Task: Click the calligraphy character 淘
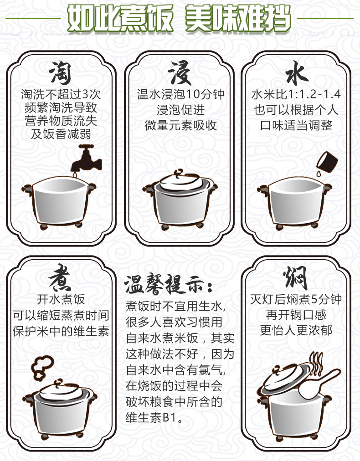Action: [x=60, y=72]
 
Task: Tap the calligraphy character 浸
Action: [x=179, y=72]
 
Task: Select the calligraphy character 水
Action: [x=297, y=72]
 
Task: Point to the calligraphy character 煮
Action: [x=60, y=278]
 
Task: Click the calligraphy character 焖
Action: [x=295, y=278]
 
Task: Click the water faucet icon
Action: [x=86, y=159]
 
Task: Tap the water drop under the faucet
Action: [x=75, y=174]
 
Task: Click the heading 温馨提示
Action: [x=165, y=284]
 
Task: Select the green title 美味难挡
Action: [x=238, y=18]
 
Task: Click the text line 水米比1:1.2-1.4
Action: [x=296, y=94]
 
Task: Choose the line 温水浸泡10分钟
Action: [x=180, y=94]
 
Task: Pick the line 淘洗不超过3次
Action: [x=61, y=94]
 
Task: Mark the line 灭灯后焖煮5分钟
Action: [x=296, y=299]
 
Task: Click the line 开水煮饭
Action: [x=61, y=299]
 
